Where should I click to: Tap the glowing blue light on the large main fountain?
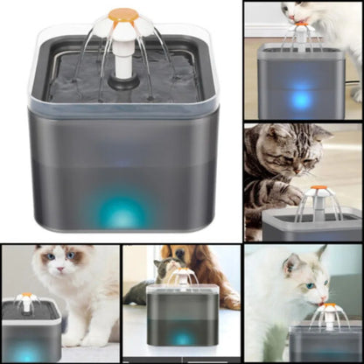click(x=123, y=211)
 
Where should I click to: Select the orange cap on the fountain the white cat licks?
click(x=329, y=306)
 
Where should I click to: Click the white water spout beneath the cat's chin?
click(x=302, y=35)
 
